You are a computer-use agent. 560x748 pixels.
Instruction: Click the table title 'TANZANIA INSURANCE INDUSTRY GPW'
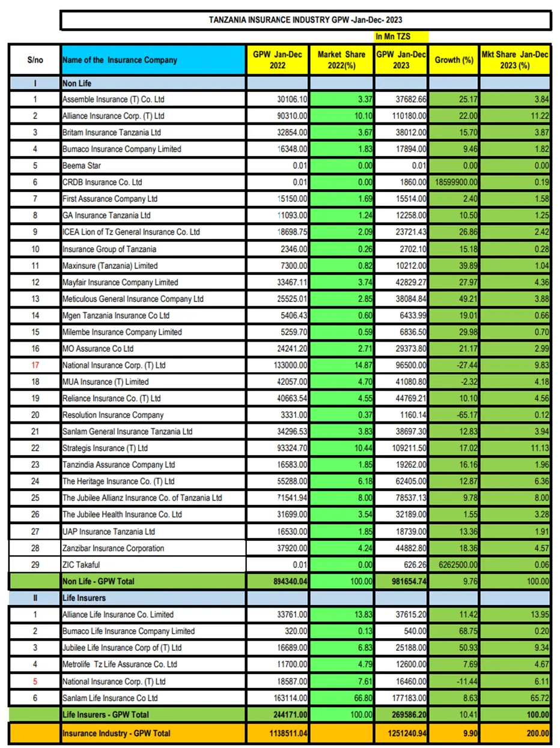pos(306,20)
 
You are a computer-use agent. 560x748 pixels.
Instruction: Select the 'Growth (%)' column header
pos(454,60)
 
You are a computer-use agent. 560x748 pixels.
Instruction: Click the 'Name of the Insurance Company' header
pos(120,60)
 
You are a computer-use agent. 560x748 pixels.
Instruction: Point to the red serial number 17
pos(35,365)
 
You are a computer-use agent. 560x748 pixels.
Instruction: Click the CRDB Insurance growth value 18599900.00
pos(454,182)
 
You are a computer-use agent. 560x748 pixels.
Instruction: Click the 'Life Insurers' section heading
pos(84,598)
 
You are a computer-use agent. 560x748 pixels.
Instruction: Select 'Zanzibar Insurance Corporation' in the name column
pos(114,548)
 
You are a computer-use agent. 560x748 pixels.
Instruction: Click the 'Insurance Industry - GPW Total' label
pos(117,733)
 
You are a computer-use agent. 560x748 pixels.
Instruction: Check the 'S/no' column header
pos(35,60)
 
